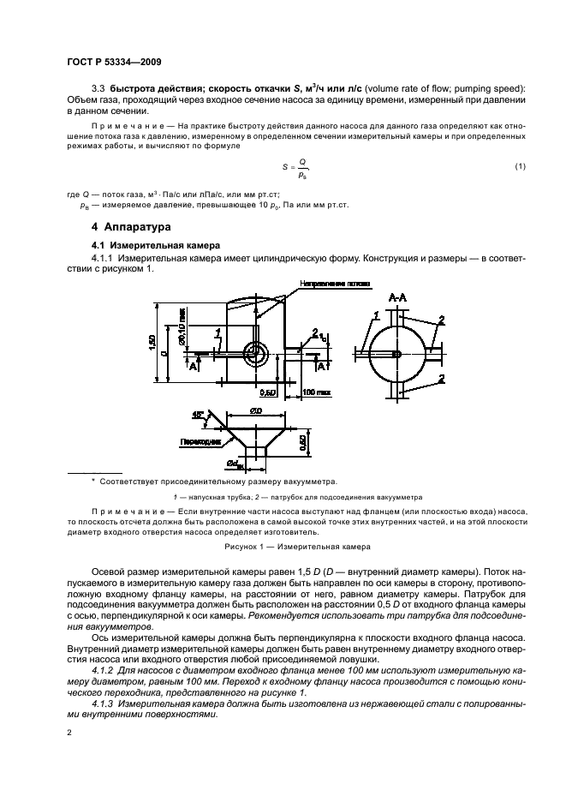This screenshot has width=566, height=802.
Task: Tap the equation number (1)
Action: point(520,165)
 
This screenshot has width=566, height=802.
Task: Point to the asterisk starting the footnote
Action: point(93,480)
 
